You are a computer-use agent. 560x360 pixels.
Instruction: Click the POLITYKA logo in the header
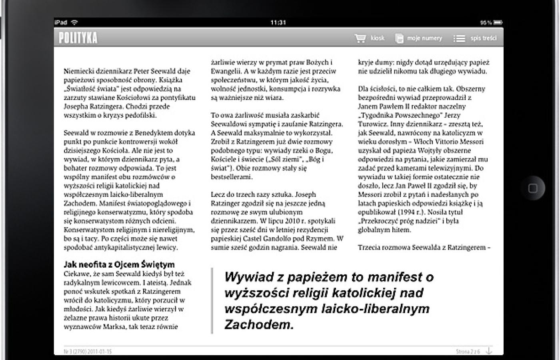pyautogui.click(x=78, y=38)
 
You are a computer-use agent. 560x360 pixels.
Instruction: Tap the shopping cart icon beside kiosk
pyautogui.click(x=360, y=38)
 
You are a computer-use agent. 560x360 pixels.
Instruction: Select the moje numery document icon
pyautogui.click(x=399, y=38)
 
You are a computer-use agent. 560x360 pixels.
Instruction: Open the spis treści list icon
pyautogui.click(x=459, y=38)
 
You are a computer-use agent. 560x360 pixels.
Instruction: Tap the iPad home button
pyautogui.click(x=533, y=188)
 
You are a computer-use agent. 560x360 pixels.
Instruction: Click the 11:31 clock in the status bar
pyautogui.click(x=278, y=22)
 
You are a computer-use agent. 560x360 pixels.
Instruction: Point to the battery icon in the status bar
pyautogui.click(x=498, y=22)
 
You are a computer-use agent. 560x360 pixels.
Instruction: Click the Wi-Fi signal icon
pyautogui.click(x=74, y=22)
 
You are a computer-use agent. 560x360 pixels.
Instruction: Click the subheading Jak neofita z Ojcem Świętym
pyautogui.click(x=119, y=264)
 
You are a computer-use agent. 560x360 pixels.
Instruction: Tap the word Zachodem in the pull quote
pyautogui.click(x=259, y=324)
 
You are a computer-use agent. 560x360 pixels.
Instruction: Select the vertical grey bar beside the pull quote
pyautogui.click(x=212, y=300)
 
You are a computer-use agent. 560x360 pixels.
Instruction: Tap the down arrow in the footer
pyautogui.click(x=489, y=351)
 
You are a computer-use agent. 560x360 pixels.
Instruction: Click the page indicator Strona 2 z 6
pyautogui.click(x=468, y=352)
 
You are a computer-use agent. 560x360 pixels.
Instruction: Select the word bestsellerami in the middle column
pyautogui.click(x=231, y=177)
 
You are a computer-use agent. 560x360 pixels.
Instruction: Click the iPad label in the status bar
pyautogui.click(x=61, y=22)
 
